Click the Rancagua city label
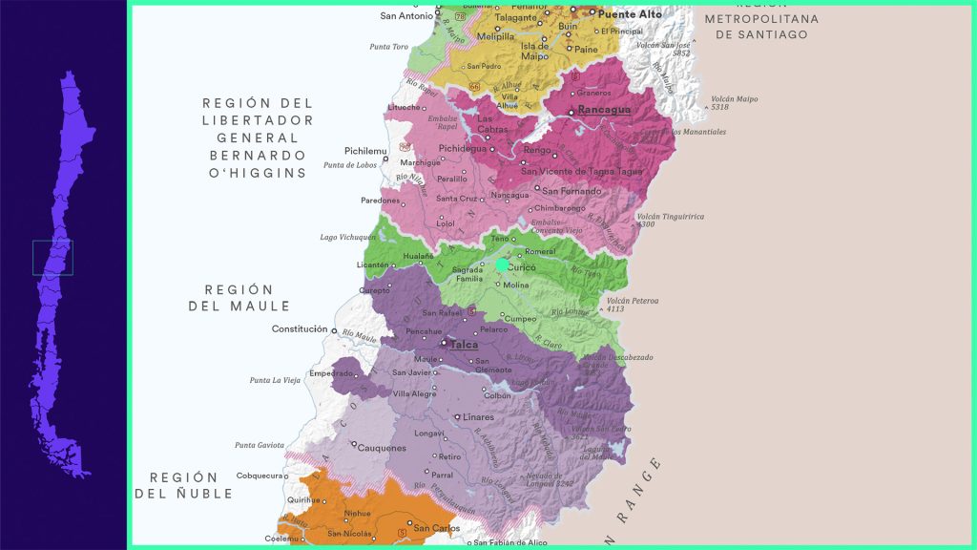click(x=605, y=110)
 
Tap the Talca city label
click(x=465, y=344)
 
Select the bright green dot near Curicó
click(x=503, y=264)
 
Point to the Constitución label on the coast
click(x=300, y=329)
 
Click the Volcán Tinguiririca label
click(x=671, y=217)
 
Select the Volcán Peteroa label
click(x=633, y=301)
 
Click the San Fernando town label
click(x=572, y=191)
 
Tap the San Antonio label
click(x=406, y=16)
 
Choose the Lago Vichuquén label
click(x=348, y=237)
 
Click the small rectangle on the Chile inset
click(x=52, y=258)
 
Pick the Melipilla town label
click(x=495, y=37)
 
